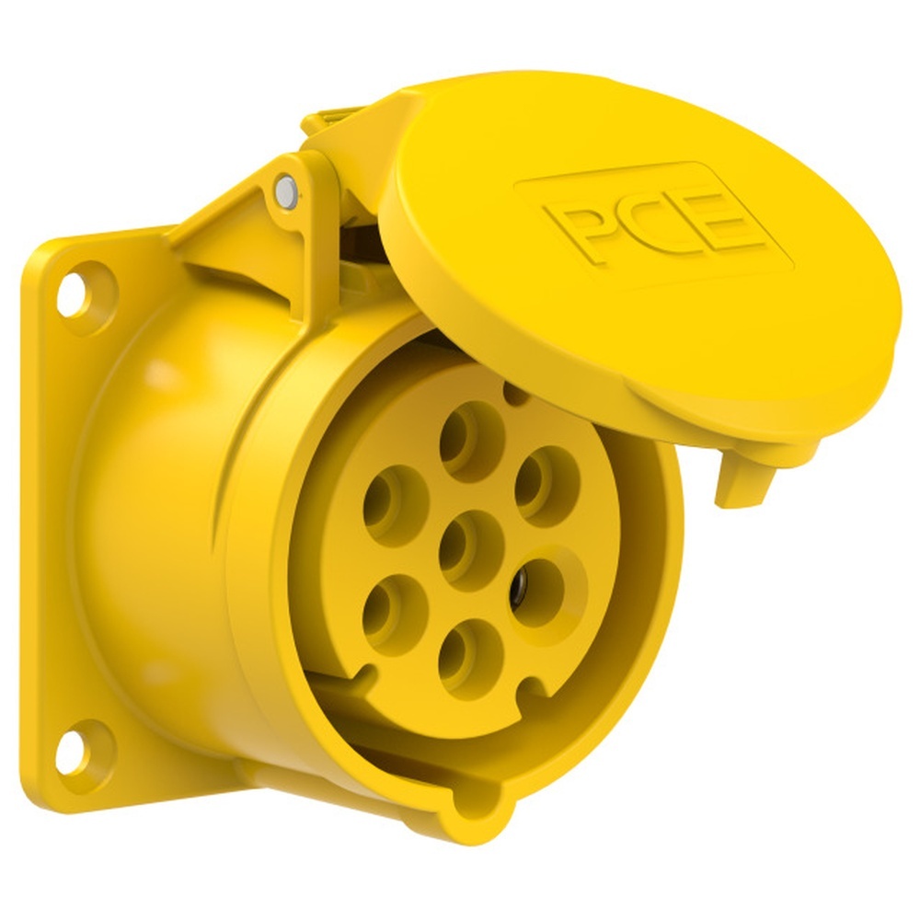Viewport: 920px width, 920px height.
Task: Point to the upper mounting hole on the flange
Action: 73,293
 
